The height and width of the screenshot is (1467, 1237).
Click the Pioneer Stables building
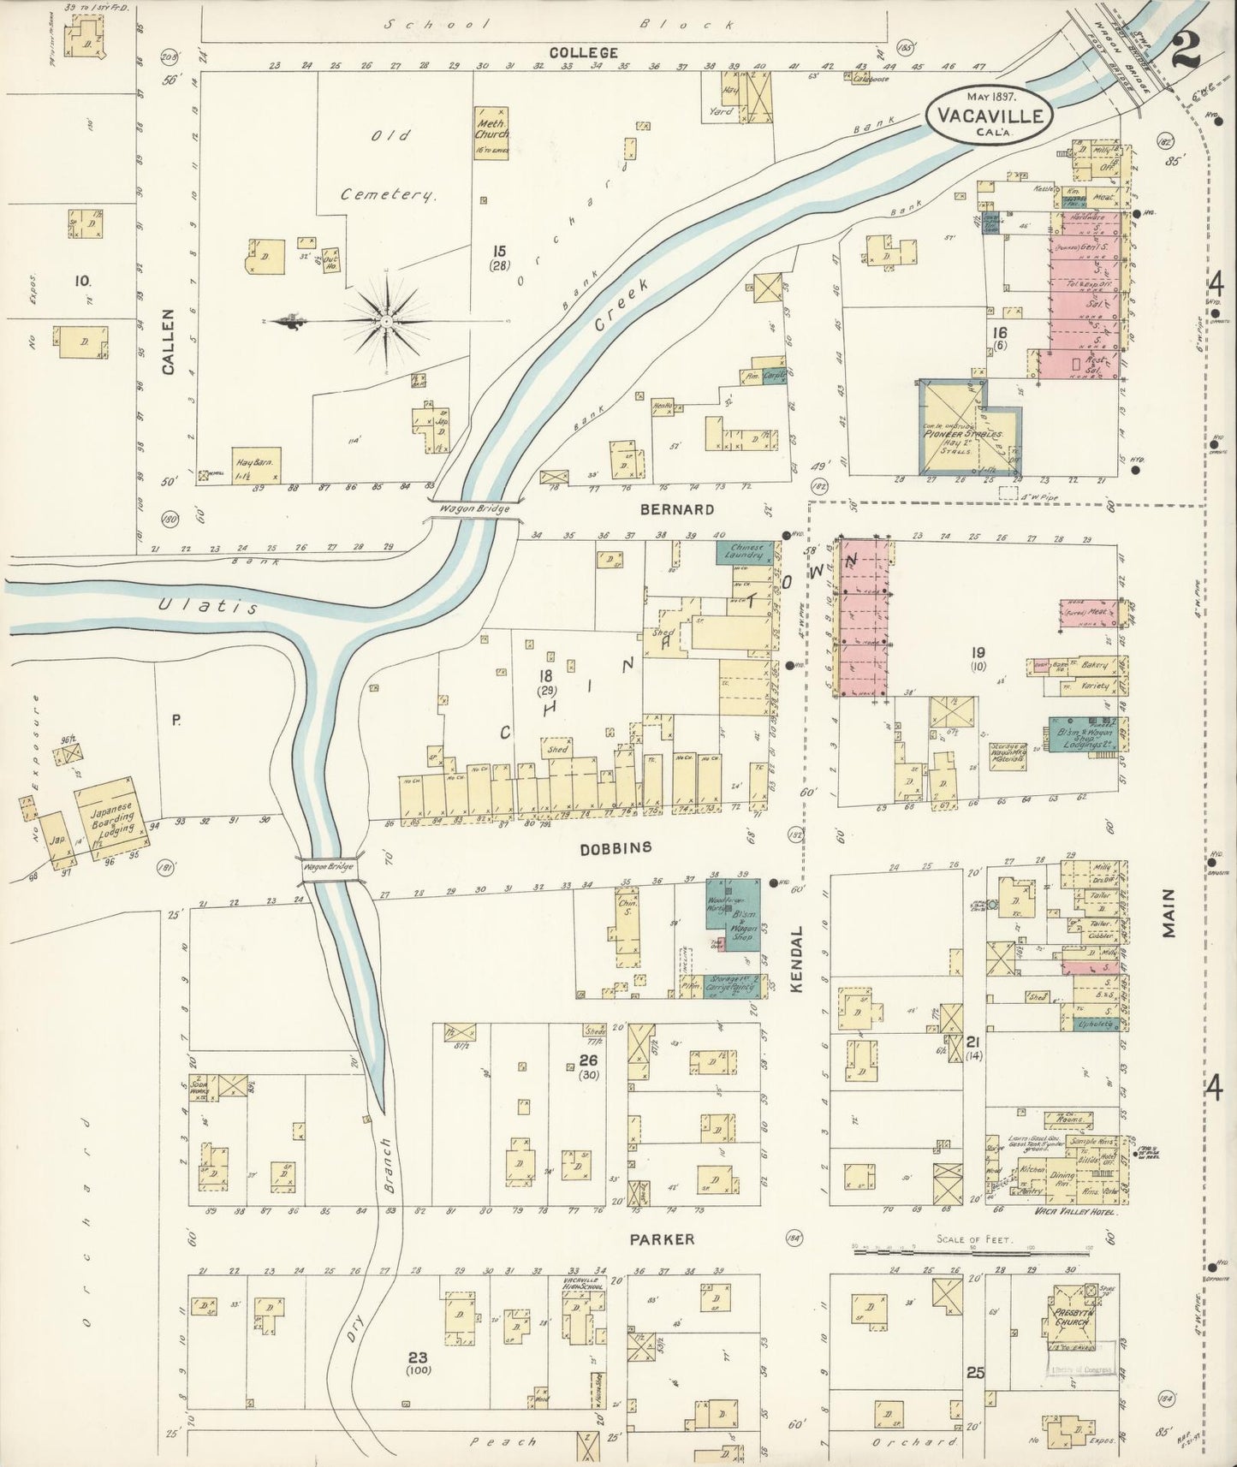coord(969,428)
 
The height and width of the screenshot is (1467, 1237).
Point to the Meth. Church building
coord(492,130)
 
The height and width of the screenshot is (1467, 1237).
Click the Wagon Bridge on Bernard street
coord(475,508)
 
